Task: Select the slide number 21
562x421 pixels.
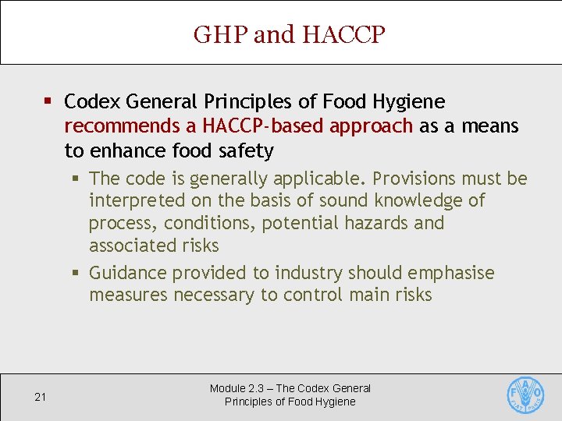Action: point(41,397)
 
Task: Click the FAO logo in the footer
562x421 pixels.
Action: point(525,396)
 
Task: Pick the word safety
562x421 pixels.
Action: point(246,150)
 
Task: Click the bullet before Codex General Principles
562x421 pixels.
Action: point(48,102)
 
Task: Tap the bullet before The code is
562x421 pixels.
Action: point(76,179)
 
